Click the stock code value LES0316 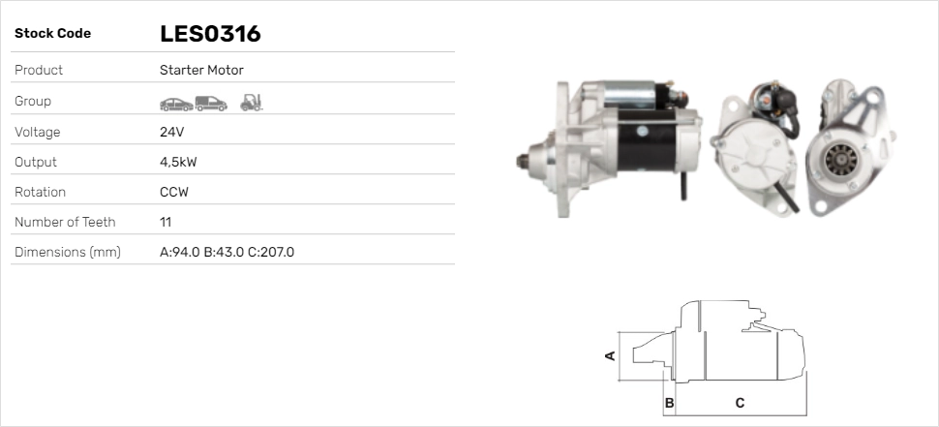210,34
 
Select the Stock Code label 52,34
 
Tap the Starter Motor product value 201,70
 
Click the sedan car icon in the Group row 176,105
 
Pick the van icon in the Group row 211,104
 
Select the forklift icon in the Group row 252,103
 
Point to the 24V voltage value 172,132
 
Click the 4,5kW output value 178,163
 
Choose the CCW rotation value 174,193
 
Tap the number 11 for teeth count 166,222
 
